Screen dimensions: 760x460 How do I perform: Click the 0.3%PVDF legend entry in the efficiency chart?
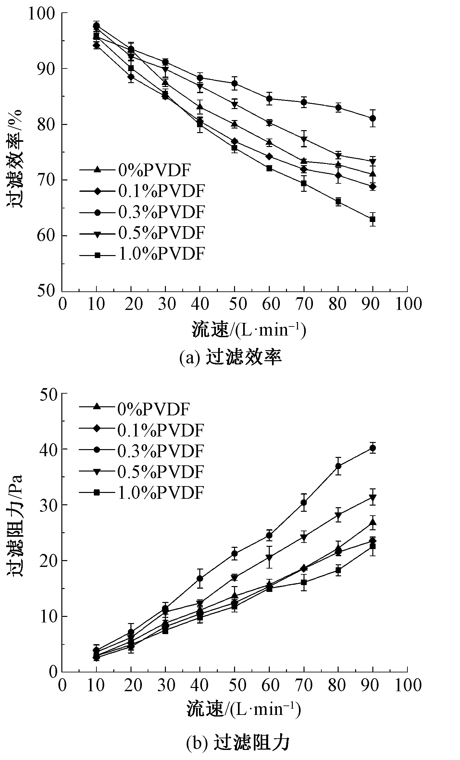[x=143, y=212]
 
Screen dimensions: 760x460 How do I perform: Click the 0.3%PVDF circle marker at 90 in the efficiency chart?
[x=373, y=118]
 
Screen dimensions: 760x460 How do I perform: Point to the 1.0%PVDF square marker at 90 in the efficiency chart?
[x=373, y=219]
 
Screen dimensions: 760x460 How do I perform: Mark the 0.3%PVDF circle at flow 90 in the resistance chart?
[x=373, y=448]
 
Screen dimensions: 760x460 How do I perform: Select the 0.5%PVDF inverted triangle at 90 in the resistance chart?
[x=373, y=497]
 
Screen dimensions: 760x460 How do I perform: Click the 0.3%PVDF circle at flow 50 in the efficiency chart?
[x=234, y=83]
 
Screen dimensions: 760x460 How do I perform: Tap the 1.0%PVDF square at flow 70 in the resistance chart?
[x=304, y=582]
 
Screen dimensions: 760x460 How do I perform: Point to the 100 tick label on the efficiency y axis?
[x=43, y=14]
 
